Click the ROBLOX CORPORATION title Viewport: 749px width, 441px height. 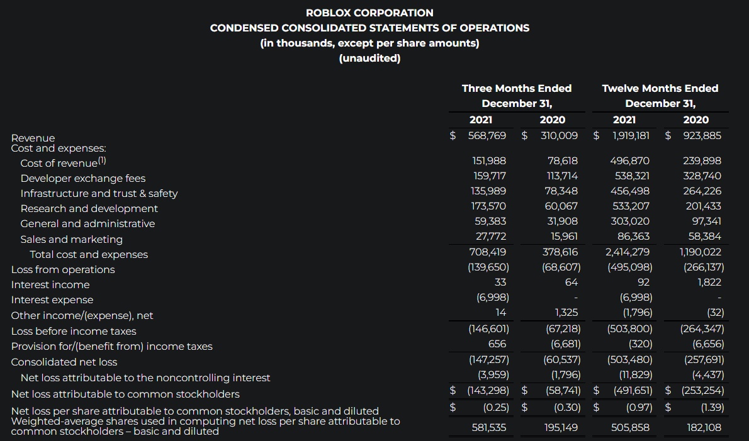point(369,13)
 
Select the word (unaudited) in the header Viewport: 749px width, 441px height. point(369,59)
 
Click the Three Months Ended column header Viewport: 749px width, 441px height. point(517,89)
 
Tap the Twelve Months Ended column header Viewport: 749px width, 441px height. point(660,89)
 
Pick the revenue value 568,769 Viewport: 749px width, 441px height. point(487,136)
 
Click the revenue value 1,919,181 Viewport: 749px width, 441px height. point(631,136)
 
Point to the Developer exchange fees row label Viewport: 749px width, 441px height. point(83,178)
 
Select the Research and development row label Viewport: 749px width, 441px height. point(89,208)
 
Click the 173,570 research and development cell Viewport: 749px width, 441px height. point(488,206)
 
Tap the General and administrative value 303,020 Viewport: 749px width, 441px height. point(631,221)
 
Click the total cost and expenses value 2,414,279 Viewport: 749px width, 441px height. point(628,252)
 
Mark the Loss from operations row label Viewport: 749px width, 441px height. point(63,269)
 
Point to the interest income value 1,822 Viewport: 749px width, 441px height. point(709,282)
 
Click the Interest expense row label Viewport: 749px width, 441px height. point(52,300)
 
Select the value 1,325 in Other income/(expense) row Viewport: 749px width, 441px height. point(566,313)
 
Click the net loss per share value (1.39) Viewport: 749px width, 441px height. point(712,408)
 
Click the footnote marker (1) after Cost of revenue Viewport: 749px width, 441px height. point(101,161)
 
